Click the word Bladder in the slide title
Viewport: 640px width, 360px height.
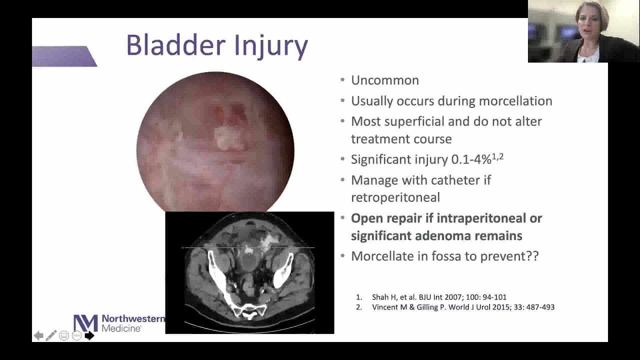click(168, 45)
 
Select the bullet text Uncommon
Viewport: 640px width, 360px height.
click(384, 80)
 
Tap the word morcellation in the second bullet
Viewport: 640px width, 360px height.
click(515, 101)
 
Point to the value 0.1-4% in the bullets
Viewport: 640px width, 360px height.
click(471, 159)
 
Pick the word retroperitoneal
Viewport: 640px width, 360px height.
click(395, 197)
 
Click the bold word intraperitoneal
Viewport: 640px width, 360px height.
click(489, 218)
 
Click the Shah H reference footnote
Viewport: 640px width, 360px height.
click(438, 297)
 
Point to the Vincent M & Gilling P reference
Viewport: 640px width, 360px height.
click(462, 307)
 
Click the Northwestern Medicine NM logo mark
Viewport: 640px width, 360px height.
click(85, 323)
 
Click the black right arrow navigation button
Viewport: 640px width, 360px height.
click(89, 335)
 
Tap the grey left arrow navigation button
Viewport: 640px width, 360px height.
click(38, 335)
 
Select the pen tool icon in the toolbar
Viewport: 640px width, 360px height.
click(51, 335)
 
